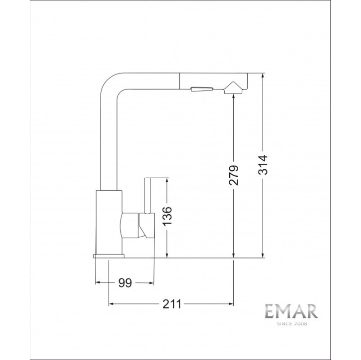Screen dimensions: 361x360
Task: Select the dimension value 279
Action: [233, 175]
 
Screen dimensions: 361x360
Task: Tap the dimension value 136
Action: [167, 216]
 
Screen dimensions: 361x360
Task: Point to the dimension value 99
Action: [125, 283]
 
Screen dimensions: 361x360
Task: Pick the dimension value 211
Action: [172, 304]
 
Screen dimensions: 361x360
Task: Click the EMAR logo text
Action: [292, 312]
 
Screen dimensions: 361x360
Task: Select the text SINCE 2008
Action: [292, 324]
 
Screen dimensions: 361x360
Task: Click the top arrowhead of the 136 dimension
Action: [167, 181]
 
